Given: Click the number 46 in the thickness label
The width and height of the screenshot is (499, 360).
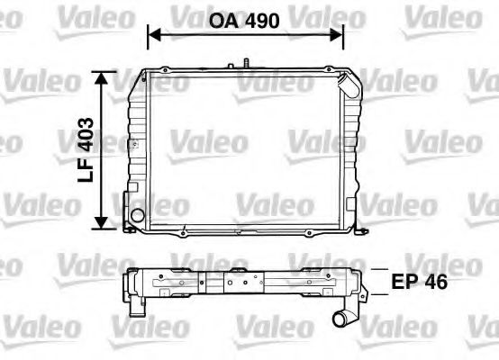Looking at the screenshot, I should tap(437, 281).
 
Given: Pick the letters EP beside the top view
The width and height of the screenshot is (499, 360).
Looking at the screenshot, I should tap(405, 281).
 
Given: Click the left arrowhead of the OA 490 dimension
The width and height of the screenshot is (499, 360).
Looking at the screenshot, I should tap(151, 34).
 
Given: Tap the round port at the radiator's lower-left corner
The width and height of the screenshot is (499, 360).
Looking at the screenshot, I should tap(136, 217).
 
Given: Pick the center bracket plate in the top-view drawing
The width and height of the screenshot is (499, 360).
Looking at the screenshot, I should tap(238, 283).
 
